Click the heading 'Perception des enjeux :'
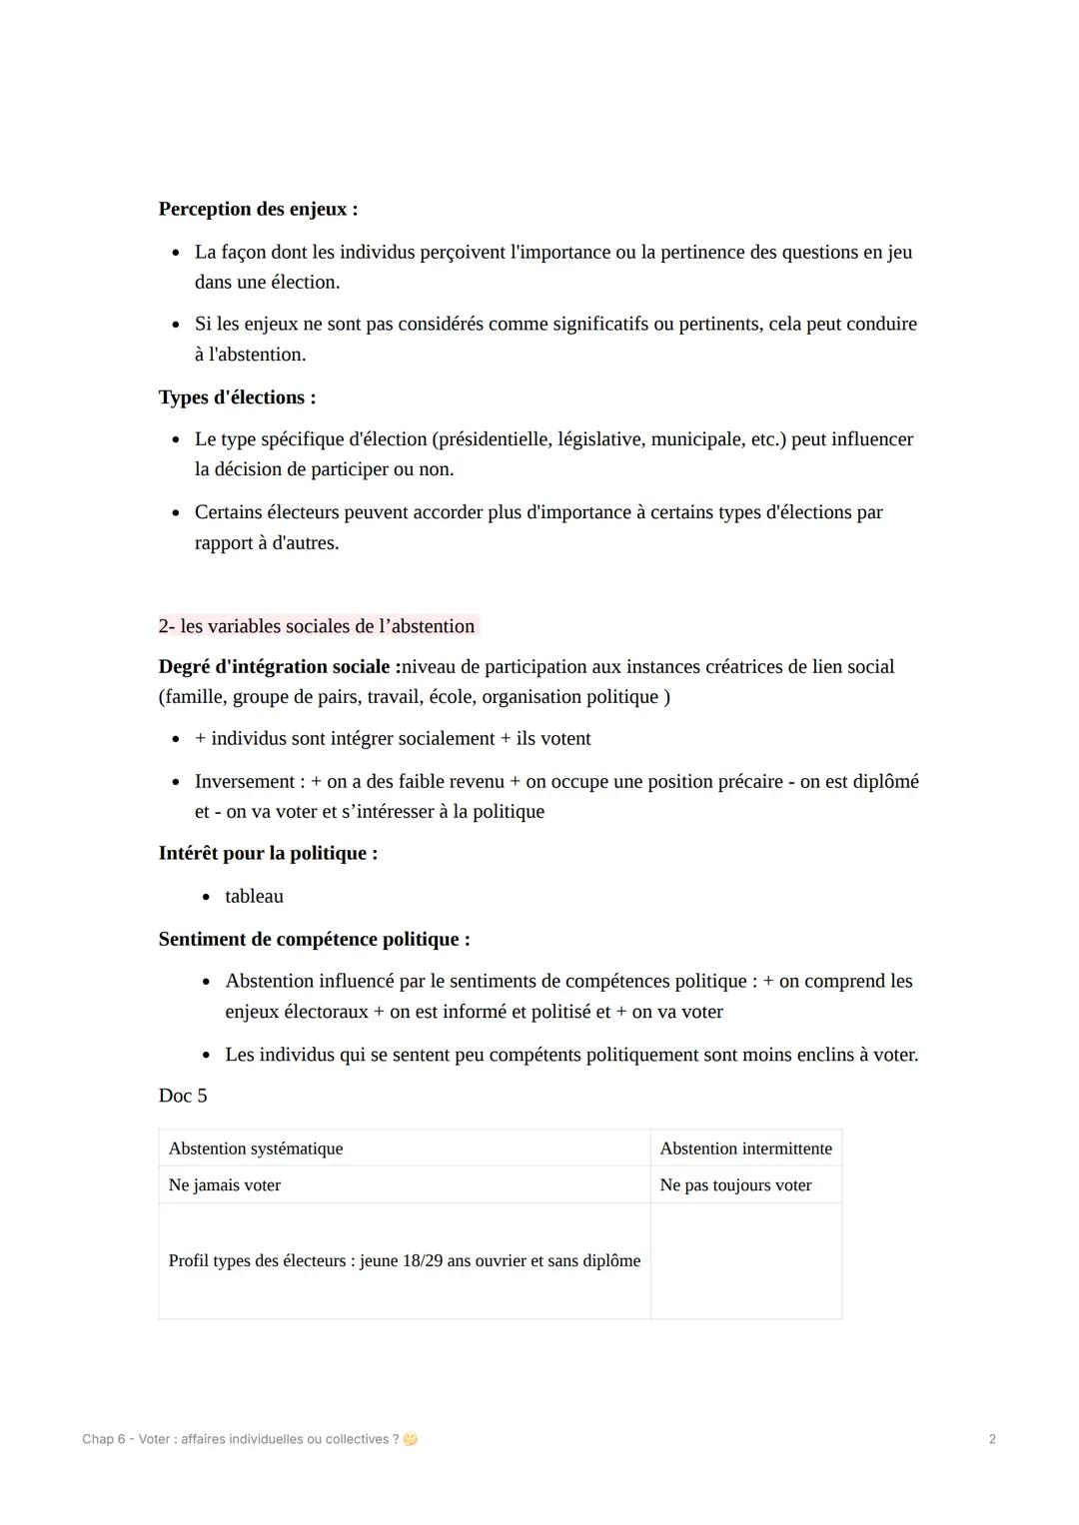pos(258,209)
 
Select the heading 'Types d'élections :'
pos(237,397)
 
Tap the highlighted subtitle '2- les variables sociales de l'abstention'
pos(317,626)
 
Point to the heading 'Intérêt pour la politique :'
pos(268,854)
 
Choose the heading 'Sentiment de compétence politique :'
pos(314,940)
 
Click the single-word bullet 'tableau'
pos(254,897)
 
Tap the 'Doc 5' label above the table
pos(183,1096)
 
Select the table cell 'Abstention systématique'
pos(256,1148)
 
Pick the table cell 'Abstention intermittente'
pos(745,1148)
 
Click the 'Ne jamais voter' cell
pos(225,1185)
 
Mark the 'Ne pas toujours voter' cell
pos(735,1185)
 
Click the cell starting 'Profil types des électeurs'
pos(405,1260)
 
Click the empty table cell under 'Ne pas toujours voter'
pos(745,1260)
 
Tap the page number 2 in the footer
pos(991,1439)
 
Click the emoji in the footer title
pos(411,1439)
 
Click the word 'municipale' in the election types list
pos(696,439)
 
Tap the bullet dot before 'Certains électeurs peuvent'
pos(176,513)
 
